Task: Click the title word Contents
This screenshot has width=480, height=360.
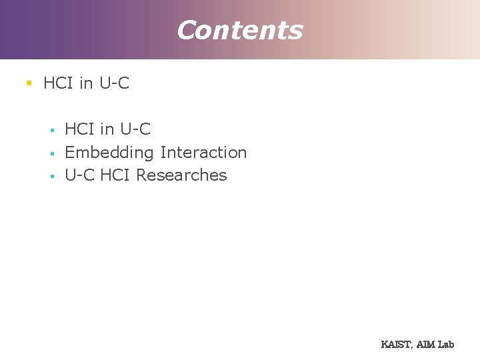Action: [x=239, y=30]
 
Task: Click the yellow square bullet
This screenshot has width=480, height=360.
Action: [x=29, y=83]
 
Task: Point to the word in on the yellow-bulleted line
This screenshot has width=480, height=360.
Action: [x=85, y=83]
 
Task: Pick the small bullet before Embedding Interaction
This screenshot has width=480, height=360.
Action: [x=51, y=153]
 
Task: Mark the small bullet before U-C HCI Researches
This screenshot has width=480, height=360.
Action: [x=51, y=176]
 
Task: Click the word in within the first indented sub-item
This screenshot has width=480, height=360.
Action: [x=107, y=129]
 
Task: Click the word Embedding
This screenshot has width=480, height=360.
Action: [x=109, y=153]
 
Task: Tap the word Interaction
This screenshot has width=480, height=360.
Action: [x=203, y=152]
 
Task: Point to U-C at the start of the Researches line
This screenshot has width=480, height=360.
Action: [x=80, y=175]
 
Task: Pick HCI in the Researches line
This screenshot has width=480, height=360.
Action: [x=116, y=175]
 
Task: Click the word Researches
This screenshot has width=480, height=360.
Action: [x=181, y=175]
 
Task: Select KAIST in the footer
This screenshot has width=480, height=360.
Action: [x=396, y=345]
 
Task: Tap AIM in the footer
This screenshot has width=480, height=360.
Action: [x=426, y=345]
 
